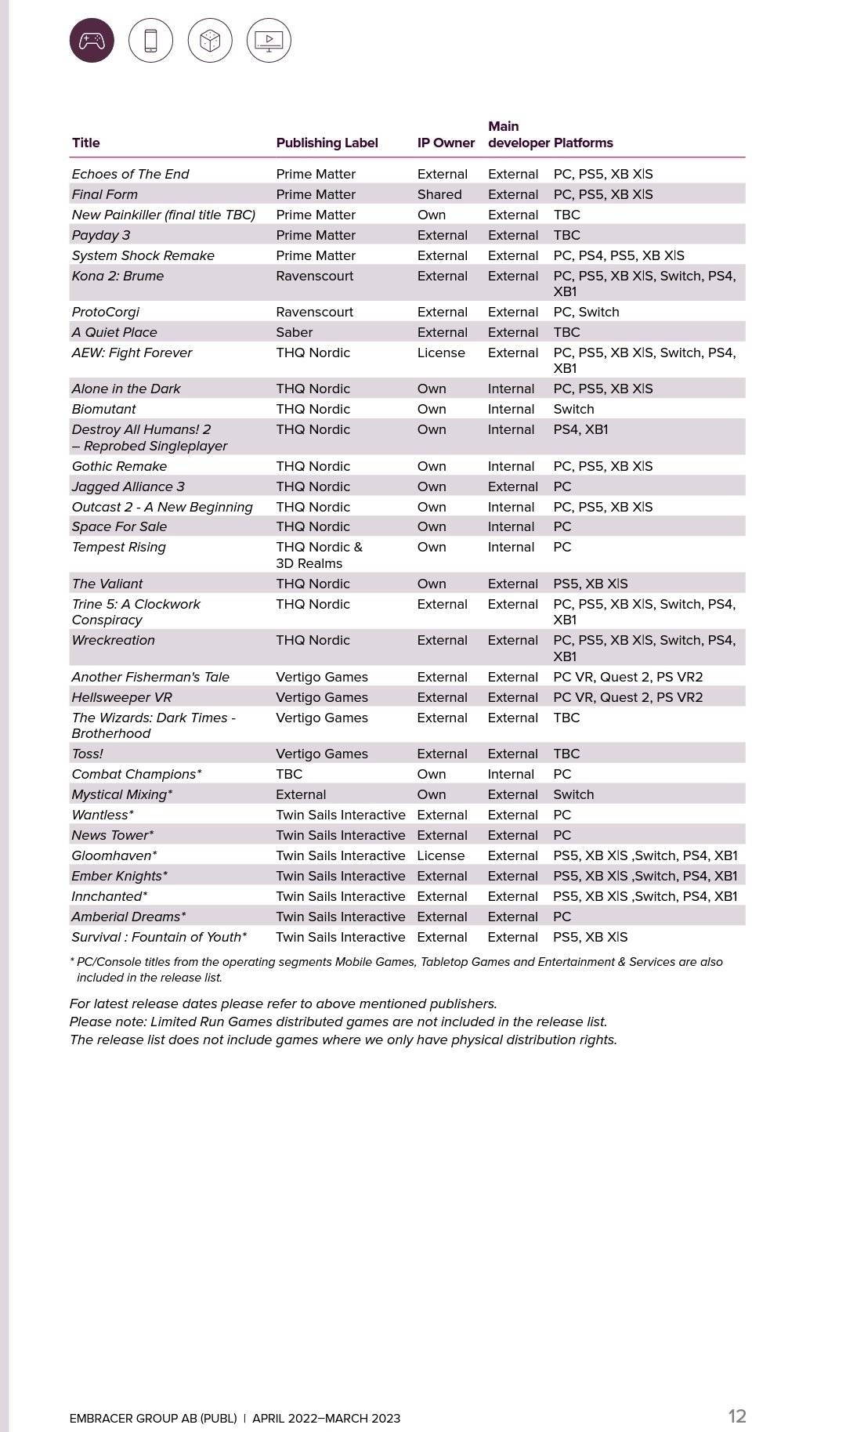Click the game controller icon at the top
pos(92,40)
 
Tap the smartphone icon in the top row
pos(150,40)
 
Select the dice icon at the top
pos(210,40)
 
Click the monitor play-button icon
pos(269,40)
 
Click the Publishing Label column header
pos(327,143)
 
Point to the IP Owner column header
pos(446,143)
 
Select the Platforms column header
pos(583,143)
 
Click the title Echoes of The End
pos(130,174)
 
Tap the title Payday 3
pos(101,235)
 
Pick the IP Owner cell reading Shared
pos(439,194)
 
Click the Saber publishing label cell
pos(294,332)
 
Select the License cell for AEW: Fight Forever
pos(441,353)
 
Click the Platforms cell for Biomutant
pos(573,409)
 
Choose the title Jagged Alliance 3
pos(128,486)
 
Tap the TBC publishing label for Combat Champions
pos(289,774)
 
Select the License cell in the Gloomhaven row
pos(441,855)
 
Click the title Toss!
pos(87,754)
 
